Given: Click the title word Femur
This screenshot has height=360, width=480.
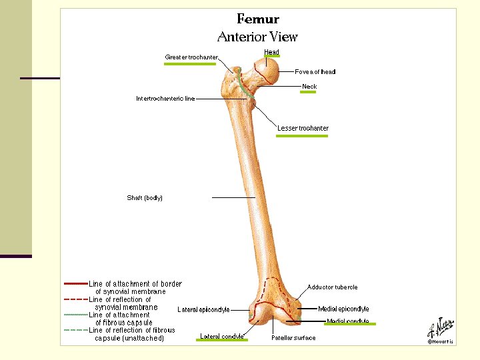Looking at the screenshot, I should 258,19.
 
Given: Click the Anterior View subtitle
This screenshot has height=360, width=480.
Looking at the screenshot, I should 257,37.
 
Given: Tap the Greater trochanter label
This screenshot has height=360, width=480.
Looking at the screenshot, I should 191,57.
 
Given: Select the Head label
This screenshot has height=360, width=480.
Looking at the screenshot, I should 271,51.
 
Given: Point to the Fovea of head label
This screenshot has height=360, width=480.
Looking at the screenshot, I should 315,72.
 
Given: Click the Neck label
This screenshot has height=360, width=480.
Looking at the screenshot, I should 309,87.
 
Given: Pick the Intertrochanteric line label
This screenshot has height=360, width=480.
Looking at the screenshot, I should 165,99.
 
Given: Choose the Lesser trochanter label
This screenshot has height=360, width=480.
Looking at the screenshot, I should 303,128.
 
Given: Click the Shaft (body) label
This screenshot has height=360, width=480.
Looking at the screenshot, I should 145,197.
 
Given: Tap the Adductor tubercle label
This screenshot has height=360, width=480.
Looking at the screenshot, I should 332,287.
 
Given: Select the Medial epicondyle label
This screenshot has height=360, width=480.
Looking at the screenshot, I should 343,309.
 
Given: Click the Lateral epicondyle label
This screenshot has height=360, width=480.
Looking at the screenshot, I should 203,309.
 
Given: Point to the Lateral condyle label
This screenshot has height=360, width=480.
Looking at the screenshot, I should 222,336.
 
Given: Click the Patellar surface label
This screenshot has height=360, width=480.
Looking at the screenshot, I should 293,338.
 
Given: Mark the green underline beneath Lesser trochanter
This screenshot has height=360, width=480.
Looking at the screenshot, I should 303,136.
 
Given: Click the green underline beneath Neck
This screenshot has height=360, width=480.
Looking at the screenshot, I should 308,93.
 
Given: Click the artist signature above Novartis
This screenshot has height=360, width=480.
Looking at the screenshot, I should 441,328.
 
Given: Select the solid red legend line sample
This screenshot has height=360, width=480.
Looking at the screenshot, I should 75,284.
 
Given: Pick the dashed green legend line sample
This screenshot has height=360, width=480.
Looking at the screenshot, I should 75,330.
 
